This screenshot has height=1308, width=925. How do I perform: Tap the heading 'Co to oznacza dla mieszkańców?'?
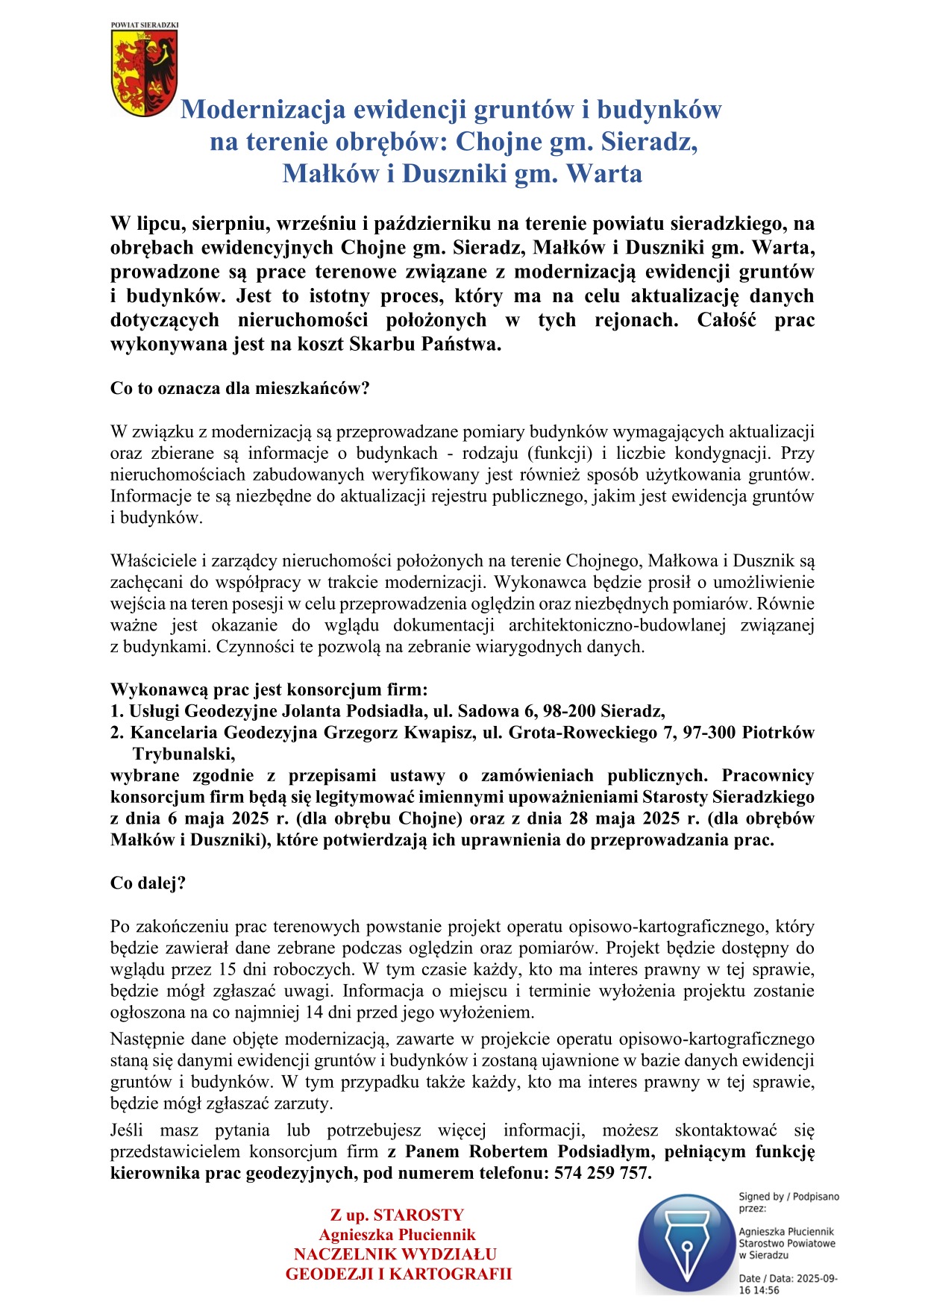click(239, 389)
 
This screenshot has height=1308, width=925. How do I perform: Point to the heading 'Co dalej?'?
click(148, 883)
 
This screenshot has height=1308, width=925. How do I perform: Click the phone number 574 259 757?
click(601, 1173)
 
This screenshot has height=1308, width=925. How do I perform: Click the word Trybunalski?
click(184, 754)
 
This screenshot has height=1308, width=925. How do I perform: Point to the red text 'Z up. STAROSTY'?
click(397, 1215)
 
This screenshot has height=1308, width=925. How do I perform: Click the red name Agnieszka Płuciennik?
click(397, 1235)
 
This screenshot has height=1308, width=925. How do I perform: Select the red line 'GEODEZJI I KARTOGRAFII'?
click(398, 1274)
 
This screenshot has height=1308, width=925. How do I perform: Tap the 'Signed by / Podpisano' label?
click(788, 1197)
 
